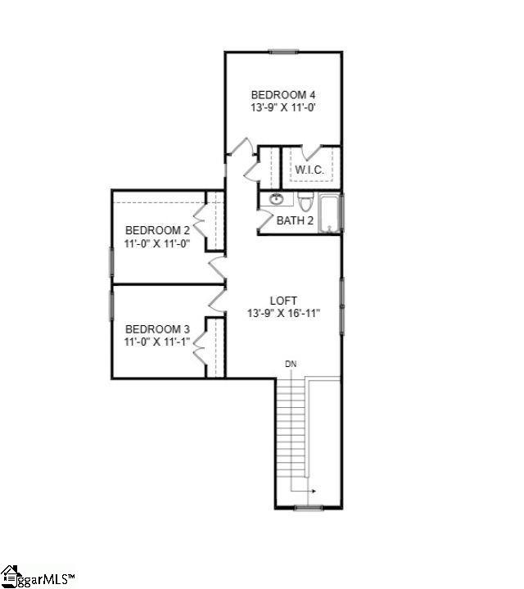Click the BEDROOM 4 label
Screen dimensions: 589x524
point(283,93)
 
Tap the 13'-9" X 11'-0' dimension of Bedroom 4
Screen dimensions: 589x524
point(283,106)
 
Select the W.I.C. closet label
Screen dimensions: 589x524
point(309,170)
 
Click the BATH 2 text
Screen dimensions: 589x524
point(295,220)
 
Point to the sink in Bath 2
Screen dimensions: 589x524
point(277,199)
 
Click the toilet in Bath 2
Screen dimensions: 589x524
point(305,201)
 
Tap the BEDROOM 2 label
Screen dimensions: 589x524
point(157,230)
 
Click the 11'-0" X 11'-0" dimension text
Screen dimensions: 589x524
point(157,243)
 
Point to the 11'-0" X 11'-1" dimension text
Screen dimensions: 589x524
point(157,342)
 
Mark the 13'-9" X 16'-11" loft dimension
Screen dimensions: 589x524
point(283,313)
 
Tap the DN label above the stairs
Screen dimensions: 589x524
point(291,364)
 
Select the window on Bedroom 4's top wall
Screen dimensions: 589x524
point(283,52)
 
